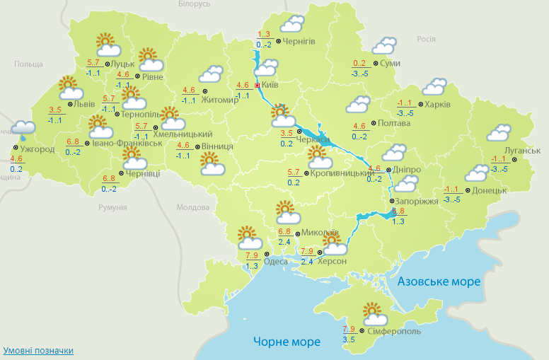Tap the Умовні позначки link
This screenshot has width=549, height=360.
(x=38, y=351)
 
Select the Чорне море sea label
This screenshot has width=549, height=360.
(x=287, y=342)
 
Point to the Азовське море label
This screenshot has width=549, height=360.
(x=439, y=281)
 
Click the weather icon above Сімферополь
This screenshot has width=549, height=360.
(x=372, y=312)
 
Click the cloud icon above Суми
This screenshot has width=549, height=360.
(x=384, y=46)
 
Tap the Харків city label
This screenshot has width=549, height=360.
(x=437, y=105)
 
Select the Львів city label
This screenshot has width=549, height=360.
(x=77, y=105)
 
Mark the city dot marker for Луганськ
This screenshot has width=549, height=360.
(x=515, y=159)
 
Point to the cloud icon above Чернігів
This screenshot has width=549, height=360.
(x=291, y=25)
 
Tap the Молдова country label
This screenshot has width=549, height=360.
(x=193, y=208)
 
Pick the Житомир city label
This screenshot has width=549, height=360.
(x=220, y=100)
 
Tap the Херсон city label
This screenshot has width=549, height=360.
(x=333, y=262)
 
